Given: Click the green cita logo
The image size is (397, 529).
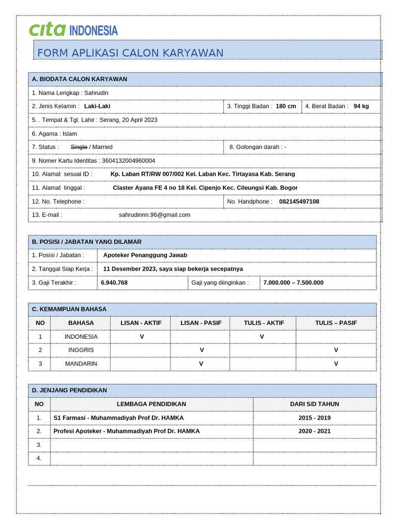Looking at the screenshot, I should pyautogui.click(x=48, y=30).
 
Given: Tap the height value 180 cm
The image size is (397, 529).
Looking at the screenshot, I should pyautogui.click(x=286, y=106).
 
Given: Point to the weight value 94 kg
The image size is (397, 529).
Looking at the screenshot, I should pyautogui.click(x=361, y=106).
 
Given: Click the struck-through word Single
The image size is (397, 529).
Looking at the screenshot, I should pyautogui.click(x=79, y=147).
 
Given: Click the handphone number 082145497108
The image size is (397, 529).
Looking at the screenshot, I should pyautogui.click(x=299, y=201).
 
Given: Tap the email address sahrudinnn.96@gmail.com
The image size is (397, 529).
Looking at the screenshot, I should pyautogui.click(x=155, y=215).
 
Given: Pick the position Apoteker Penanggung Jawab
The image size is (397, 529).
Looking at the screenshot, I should pyautogui.click(x=145, y=255).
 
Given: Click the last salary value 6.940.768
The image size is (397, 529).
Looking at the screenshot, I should pyautogui.click(x=114, y=283).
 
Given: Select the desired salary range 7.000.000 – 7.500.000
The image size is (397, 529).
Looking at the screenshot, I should pyautogui.click(x=293, y=283).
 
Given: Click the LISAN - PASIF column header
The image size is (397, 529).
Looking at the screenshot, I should pyautogui.click(x=201, y=323).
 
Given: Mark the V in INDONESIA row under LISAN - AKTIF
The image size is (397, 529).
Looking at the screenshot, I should pyautogui.click(x=142, y=337).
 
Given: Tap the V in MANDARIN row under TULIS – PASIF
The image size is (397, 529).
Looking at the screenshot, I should pyautogui.click(x=336, y=364).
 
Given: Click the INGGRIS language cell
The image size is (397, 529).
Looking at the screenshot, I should pyautogui.click(x=81, y=350).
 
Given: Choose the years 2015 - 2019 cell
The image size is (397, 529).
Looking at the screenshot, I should pyautogui.click(x=314, y=418).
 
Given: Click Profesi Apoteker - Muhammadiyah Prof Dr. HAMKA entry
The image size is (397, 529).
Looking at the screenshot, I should pyautogui.click(x=127, y=431).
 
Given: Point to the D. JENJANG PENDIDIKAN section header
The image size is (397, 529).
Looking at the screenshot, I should pyautogui.click(x=77, y=391).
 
